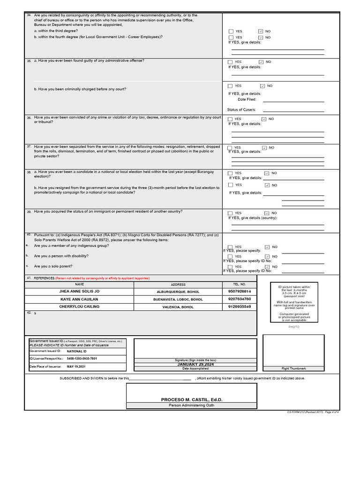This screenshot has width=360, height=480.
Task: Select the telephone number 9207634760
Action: click(x=239, y=299)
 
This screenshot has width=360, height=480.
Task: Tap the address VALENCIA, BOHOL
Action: click(x=178, y=307)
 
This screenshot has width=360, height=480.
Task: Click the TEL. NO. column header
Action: click(x=239, y=285)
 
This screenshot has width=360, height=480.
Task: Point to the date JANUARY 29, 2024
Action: click(x=195, y=364)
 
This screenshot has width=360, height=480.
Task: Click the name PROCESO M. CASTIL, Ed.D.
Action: click(x=191, y=399)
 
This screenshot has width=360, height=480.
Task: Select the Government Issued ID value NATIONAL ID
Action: click(x=77, y=351)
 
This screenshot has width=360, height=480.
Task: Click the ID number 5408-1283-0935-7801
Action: click(x=82, y=358)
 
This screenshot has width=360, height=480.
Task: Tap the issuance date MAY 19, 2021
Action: click(x=76, y=366)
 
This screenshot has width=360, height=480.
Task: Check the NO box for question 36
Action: click(x=264, y=119)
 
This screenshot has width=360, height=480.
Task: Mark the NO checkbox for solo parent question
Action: click(x=267, y=266)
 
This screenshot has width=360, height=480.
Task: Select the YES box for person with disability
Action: click(x=230, y=256)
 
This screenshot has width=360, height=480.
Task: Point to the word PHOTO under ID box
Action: click(x=294, y=327)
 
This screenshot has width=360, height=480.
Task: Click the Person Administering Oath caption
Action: click(x=191, y=405)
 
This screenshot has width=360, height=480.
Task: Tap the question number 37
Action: click(x=29, y=146)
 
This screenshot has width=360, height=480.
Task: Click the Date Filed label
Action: click(x=247, y=99)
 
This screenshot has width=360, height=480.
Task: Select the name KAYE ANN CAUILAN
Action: click(x=79, y=299)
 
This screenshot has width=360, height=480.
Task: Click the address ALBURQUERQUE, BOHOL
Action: click(x=178, y=292)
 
